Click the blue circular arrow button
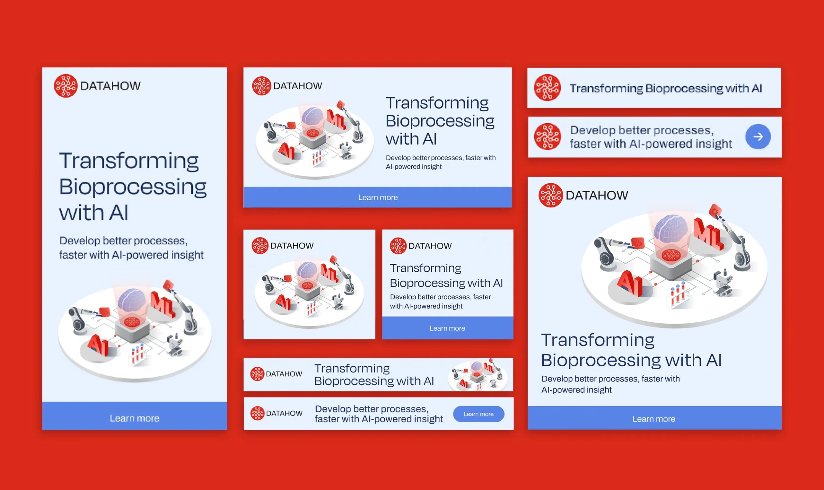click(758, 137)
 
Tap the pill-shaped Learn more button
click(478, 414)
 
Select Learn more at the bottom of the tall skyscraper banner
click(134, 418)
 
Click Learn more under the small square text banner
click(447, 328)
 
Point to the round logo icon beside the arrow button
click(548, 137)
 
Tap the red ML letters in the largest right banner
click(708, 234)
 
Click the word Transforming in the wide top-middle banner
click(437, 103)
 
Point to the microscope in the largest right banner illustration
click(723, 283)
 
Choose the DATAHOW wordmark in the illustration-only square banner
click(292, 246)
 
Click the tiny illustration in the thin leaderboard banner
click(477, 374)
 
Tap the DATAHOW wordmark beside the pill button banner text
click(284, 413)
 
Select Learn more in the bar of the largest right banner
click(654, 419)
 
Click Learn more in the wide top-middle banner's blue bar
click(378, 197)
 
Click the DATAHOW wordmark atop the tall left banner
click(110, 86)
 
